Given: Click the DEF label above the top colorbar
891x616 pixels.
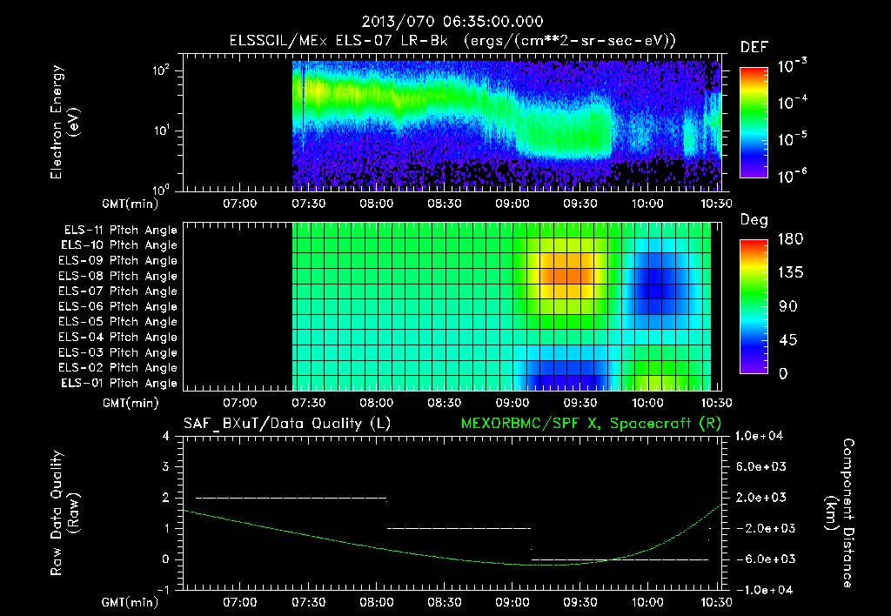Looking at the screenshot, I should click(753, 48).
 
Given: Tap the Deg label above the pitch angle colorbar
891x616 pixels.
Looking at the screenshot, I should click(753, 221).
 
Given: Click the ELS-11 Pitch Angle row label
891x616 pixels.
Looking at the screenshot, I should click(120, 231).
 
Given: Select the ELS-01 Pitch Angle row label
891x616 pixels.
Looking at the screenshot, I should click(120, 384).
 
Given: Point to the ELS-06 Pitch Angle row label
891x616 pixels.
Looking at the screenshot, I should click(120, 307).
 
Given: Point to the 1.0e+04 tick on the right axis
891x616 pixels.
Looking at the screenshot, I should click(763, 436).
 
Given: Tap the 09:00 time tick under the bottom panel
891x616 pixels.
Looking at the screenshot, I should click(511, 602).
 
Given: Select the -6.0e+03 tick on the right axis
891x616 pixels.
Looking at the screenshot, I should click(763, 559).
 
